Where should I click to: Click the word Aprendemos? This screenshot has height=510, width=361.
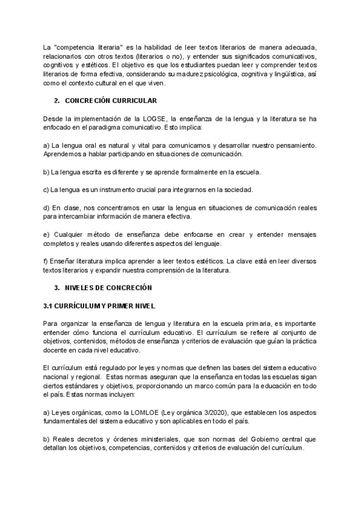[x=63, y=154]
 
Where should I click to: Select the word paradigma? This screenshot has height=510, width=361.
[x=124, y=128]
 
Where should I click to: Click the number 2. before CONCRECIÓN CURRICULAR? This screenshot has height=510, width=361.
[x=57, y=100]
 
